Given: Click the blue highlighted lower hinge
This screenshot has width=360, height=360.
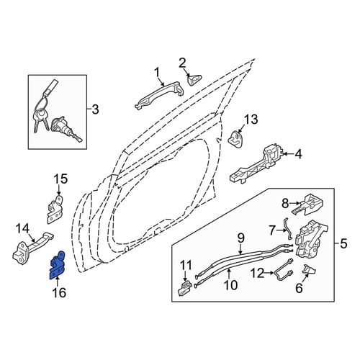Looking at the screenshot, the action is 57,265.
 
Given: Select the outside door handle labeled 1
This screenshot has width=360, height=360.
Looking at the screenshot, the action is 160,96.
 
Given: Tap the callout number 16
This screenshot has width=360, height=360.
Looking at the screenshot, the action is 60,292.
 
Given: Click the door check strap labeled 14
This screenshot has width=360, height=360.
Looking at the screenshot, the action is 32,248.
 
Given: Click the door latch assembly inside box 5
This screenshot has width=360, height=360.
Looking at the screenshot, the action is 310,240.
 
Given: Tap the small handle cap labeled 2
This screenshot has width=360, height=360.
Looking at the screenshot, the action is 194,79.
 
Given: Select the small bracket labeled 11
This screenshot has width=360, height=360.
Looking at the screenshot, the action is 184,288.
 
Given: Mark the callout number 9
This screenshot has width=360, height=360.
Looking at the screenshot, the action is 240,238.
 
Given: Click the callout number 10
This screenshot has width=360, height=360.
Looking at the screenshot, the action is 230,285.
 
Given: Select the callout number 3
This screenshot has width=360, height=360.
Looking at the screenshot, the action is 96,109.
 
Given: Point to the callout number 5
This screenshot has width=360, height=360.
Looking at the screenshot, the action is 343,244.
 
